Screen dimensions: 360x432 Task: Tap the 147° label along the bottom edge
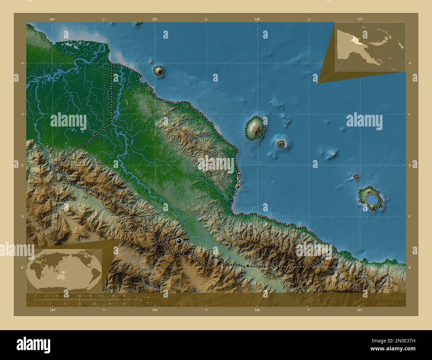359,310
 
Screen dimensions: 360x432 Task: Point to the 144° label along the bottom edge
52,310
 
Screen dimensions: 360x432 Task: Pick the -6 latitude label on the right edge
410,267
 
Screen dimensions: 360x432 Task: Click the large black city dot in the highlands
179,241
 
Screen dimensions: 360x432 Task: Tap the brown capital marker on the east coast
237,187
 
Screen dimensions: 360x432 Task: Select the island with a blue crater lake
370,199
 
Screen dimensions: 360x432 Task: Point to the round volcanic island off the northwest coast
159,70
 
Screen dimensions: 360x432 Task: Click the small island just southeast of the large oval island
281,144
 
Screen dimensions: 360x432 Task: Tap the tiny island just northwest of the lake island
356,177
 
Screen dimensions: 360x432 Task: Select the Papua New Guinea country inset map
370,47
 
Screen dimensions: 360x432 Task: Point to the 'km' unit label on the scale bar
148,297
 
